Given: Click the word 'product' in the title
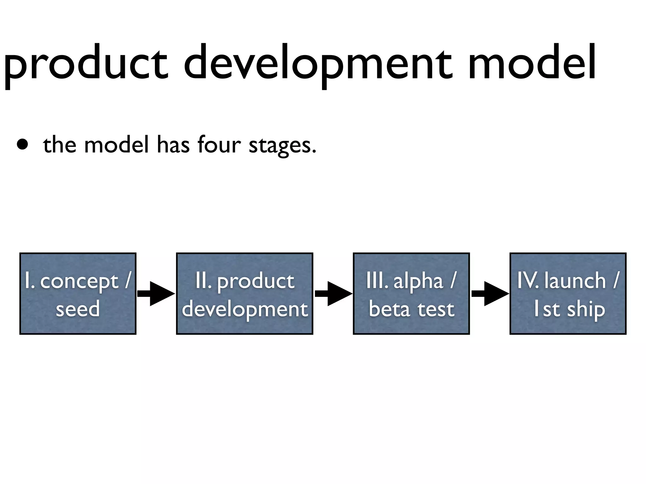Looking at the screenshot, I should pyautogui.click(x=85, y=65).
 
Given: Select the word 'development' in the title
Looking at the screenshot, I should pyautogui.click(x=318, y=65).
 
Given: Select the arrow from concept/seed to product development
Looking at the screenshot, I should pyautogui.click(x=156, y=294).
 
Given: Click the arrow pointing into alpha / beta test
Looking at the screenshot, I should pyautogui.click(x=333, y=294).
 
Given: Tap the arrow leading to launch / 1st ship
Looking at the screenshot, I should pyautogui.click(x=490, y=294).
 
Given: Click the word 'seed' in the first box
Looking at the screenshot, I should pyautogui.click(x=78, y=309).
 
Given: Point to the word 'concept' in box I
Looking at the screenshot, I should pyautogui.click(x=79, y=281).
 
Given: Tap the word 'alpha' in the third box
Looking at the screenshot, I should pyautogui.click(x=418, y=281).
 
